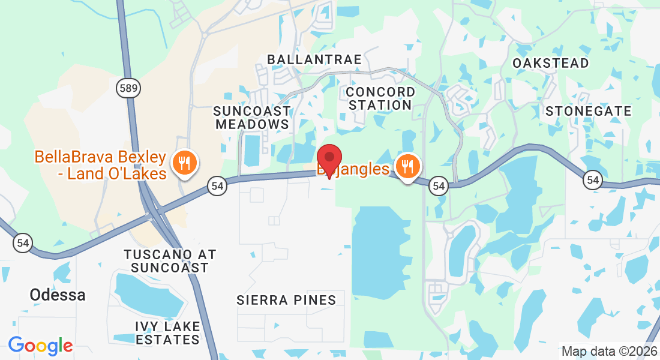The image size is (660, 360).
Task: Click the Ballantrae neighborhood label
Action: pyautogui.click(x=314, y=59)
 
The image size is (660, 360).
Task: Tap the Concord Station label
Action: pyautogui.click(x=380, y=98)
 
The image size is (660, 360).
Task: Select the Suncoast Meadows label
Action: pyautogui.click(x=252, y=118)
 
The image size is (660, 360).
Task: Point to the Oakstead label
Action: pyautogui.click(x=551, y=63)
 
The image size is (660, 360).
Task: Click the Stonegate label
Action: pyautogui.click(x=589, y=111)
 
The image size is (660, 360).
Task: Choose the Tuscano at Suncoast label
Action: pyautogui.click(x=170, y=261)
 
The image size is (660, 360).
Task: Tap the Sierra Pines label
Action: pyautogui.click(x=286, y=300)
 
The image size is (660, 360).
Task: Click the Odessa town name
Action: pyautogui.click(x=58, y=295)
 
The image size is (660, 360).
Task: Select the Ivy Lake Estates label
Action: pyautogui.click(x=167, y=333)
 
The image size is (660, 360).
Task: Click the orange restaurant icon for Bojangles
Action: pyautogui.click(x=408, y=166)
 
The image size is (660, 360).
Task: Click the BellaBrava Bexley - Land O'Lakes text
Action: pyautogui.click(x=100, y=165)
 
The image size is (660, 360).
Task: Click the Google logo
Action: pyautogui.click(x=40, y=346)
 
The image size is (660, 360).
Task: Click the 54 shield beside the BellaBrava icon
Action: pyautogui.click(x=217, y=186)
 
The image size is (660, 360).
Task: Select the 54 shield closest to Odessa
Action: pyautogui.click(x=23, y=243)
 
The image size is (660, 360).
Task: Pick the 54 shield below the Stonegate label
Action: pyautogui.click(x=593, y=179)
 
